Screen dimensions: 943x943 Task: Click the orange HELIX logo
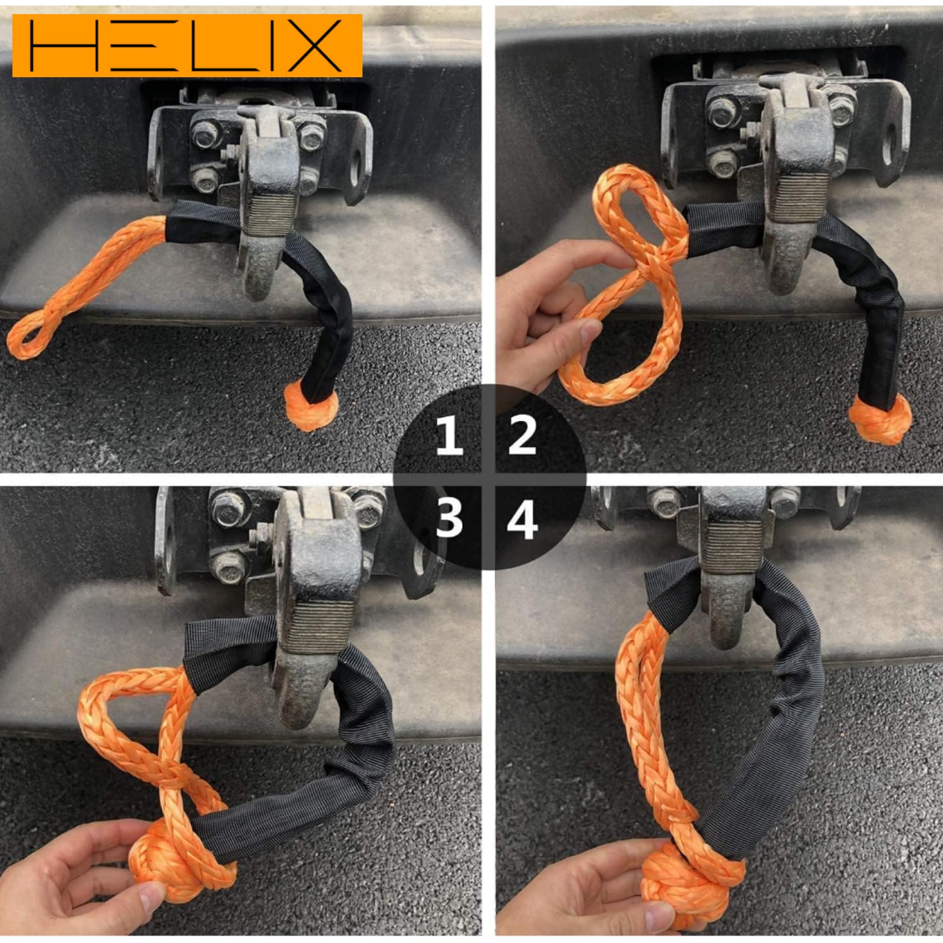coord(187,46)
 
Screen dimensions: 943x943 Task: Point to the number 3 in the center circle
coord(449,519)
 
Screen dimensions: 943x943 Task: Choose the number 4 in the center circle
coord(522,519)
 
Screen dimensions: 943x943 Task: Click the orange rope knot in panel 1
coord(311,407)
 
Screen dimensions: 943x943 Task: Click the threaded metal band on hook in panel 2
coord(793,194)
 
